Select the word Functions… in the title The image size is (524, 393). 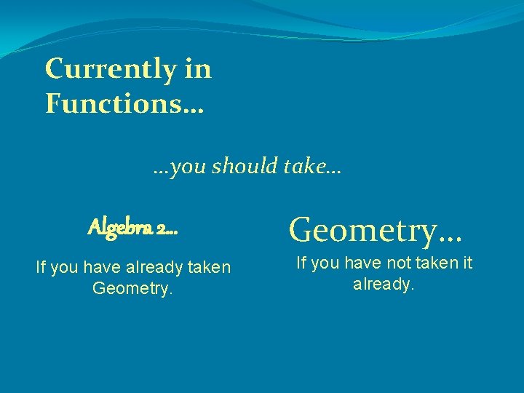124,103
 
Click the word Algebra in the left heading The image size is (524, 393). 119,228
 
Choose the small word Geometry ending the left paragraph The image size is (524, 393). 132,288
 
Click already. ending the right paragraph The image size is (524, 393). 384,284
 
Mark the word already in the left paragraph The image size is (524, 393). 152,268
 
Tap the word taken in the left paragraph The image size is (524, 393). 208,268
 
